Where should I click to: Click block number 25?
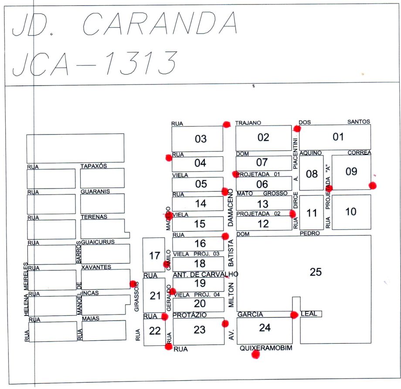coord(315,272)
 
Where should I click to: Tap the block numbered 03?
coord(200,139)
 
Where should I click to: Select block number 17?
coord(154,256)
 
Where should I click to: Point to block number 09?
coord(351,172)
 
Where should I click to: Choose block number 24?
coord(265,328)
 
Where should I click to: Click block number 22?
coord(155,331)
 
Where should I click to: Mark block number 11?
coord(311,214)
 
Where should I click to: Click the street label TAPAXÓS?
coord(94,166)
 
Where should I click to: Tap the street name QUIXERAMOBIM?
coord(265,348)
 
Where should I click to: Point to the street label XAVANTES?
coord(96,267)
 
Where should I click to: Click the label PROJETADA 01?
coord(258,174)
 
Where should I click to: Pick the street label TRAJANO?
coord(248,123)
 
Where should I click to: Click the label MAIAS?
coord(91,318)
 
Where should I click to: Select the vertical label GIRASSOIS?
coord(137,297)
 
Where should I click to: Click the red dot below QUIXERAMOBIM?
coord(255,355)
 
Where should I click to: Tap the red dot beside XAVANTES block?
coord(133,284)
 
